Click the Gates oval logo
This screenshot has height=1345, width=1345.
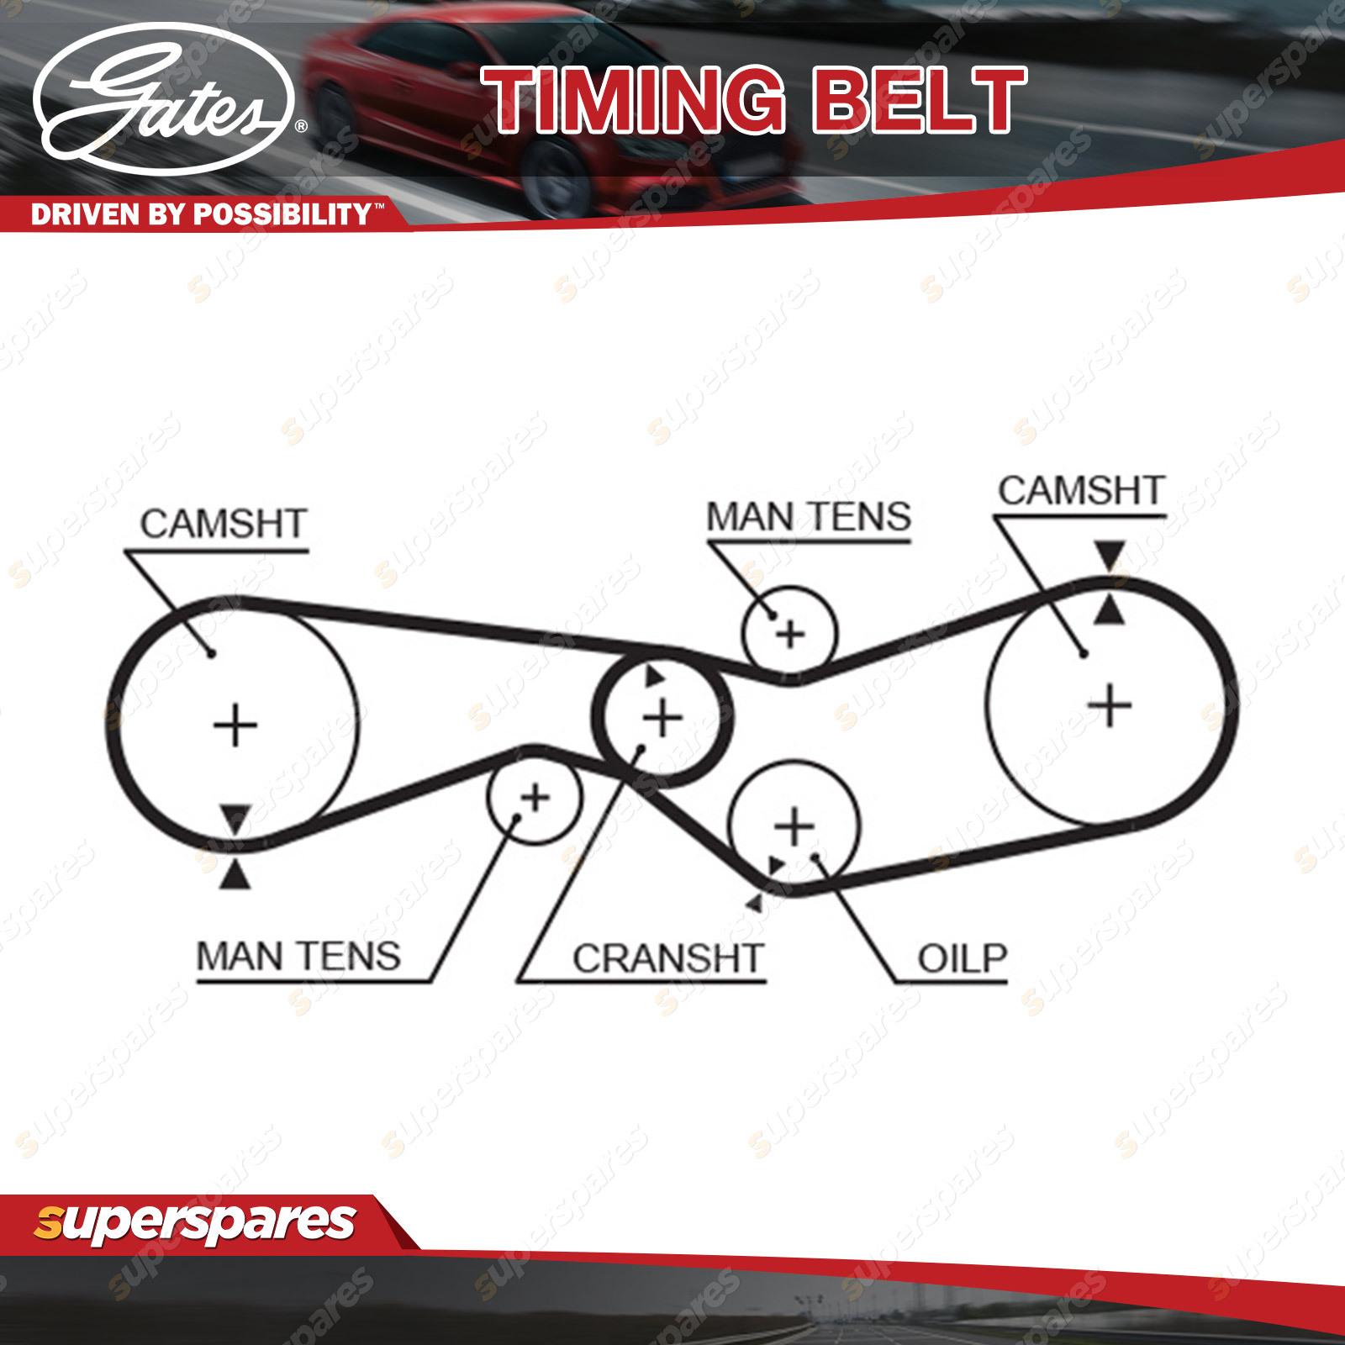164,99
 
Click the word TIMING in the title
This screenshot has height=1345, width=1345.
633,101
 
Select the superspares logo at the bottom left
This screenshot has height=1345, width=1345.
195,1223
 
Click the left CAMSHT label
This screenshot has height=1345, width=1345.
224,524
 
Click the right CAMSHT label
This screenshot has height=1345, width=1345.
1081,491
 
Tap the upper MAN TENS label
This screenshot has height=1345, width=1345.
809,516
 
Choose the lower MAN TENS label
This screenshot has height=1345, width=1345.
298,957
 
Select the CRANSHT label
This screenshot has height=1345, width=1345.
668,958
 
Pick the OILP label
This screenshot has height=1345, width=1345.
963,958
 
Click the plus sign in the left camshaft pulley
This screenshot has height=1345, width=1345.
235,726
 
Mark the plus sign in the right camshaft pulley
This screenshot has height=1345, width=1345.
1110,705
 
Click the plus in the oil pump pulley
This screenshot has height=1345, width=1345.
794,826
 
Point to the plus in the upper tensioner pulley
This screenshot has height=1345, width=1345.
790,634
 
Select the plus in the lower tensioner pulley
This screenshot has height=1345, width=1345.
535,797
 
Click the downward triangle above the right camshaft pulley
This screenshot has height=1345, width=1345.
1110,556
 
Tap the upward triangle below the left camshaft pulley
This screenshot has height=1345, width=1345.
235,876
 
